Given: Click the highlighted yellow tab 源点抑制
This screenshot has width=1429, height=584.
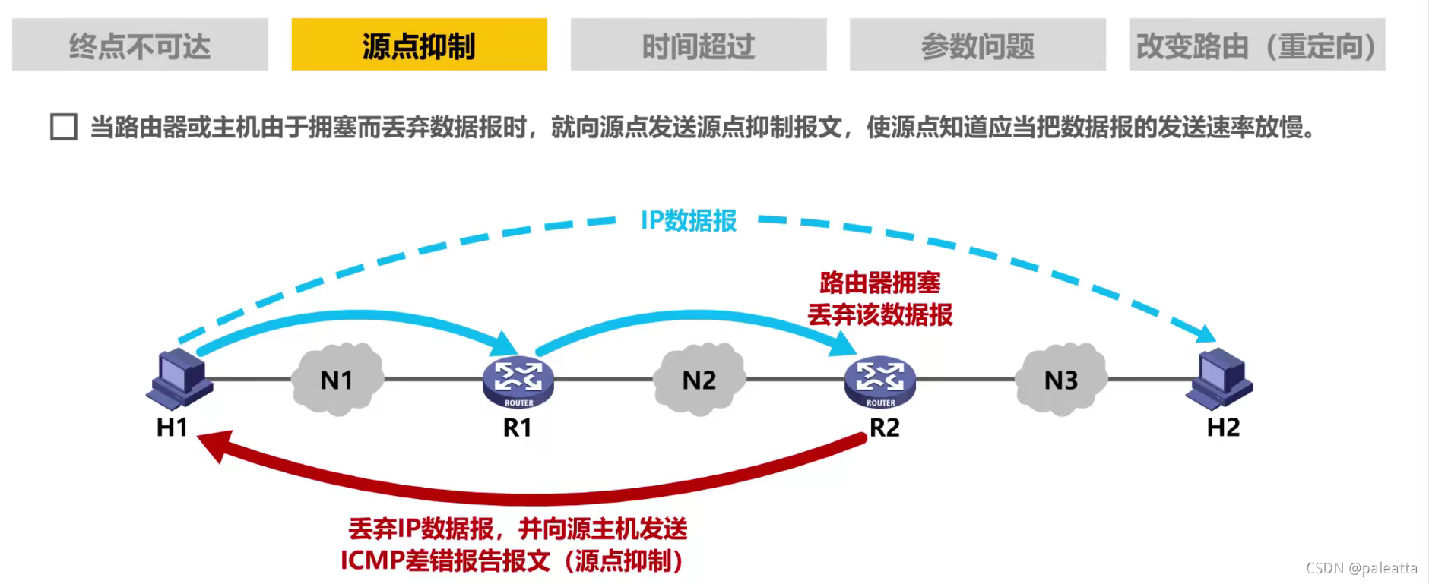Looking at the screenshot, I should [419, 46].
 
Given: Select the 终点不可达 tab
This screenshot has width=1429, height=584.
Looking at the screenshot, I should [140, 46].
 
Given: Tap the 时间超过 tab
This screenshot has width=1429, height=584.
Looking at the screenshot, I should [698, 46].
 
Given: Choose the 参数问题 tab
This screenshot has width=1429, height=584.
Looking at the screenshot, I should [977, 46].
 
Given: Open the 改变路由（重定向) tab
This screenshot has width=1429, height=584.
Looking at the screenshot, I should [1256, 46].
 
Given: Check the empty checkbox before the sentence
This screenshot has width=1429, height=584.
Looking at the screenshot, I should [64, 127].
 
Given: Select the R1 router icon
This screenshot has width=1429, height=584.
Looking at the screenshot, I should [518, 380].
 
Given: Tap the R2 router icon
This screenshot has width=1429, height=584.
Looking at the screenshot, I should [880, 380].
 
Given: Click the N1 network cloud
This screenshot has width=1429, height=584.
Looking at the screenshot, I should [337, 379].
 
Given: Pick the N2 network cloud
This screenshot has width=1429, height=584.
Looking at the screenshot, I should [699, 379].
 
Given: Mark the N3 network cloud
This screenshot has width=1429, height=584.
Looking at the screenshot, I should [1061, 379].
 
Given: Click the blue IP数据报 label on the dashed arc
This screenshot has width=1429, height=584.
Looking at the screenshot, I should [689, 221].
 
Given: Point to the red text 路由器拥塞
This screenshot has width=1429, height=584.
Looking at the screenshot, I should [879, 283].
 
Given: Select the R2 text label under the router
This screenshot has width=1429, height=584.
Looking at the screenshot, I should [885, 428].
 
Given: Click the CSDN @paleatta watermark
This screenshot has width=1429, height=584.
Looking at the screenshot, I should [1361, 568].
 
